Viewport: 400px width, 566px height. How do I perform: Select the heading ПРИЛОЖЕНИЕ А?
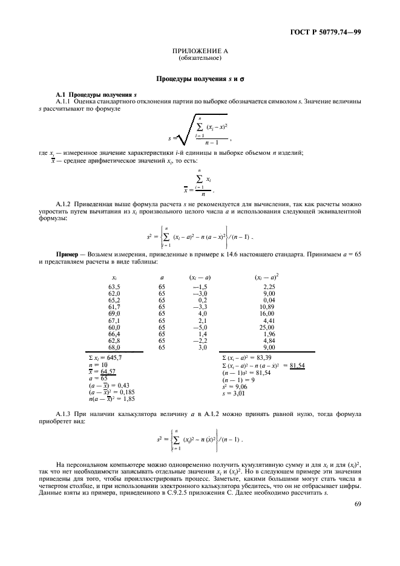pos(200,53)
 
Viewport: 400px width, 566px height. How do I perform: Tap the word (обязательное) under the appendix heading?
pos(200,59)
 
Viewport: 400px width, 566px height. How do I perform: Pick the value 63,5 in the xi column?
pos(114,287)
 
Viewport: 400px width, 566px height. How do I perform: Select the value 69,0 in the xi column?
pos(114,314)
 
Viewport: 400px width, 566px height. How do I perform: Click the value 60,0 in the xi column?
pos(114,327)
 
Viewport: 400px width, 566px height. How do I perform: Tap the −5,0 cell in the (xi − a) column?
pos(199,327)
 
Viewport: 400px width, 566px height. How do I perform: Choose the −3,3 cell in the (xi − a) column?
pos(199,307)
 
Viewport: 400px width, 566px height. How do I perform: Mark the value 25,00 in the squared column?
pos(267,327)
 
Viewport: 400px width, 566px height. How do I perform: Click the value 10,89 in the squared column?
pos(267,307)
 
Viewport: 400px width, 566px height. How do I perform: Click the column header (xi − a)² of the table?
pos(267,277)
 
